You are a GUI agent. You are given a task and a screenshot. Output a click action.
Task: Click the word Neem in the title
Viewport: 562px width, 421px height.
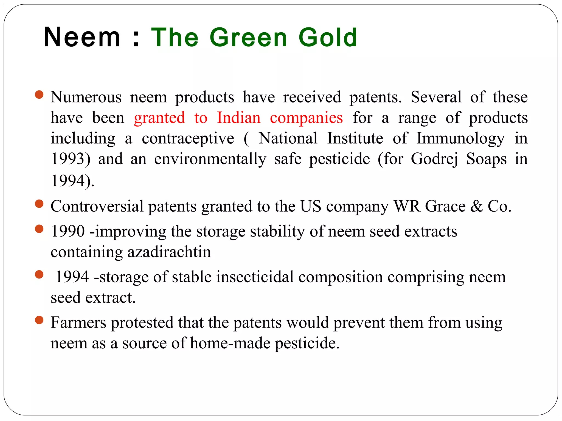tap(82, 37)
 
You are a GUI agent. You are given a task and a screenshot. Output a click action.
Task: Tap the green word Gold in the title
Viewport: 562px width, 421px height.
tap(328, 37)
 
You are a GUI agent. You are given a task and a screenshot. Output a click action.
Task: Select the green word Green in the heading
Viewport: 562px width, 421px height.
tap(248, 37)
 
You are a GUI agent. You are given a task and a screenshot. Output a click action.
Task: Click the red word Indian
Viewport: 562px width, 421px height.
tap(239, 118)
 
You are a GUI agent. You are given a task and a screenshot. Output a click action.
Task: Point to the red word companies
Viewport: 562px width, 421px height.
tap(306, 118)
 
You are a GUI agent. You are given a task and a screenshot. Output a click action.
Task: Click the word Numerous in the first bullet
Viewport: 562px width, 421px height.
tap(86, 97)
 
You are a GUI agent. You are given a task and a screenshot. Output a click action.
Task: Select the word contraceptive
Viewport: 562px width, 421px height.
tap(188, 138)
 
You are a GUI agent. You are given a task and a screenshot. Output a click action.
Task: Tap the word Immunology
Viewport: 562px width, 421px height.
tap(460, 138)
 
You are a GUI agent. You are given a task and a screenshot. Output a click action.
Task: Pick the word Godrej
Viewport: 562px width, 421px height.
tap(434, 159)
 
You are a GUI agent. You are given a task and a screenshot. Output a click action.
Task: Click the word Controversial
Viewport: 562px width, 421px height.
tap(97, 206)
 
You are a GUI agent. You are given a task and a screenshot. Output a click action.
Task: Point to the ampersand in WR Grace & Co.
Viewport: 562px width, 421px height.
tap(476, 206)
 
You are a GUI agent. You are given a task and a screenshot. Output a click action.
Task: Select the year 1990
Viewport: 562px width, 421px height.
tap(68, 231)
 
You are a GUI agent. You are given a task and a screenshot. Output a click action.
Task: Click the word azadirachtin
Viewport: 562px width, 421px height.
tap(169, 252)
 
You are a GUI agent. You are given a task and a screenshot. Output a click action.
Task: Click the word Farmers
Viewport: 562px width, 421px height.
tap(78, 323)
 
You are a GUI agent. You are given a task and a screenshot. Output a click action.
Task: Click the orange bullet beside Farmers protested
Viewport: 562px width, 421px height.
tap(40, 320)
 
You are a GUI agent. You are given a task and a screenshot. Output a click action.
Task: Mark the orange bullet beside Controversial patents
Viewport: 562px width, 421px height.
tap(40, 204)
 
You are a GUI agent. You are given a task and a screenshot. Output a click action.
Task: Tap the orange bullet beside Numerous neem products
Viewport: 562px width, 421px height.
tap(40, 95)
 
